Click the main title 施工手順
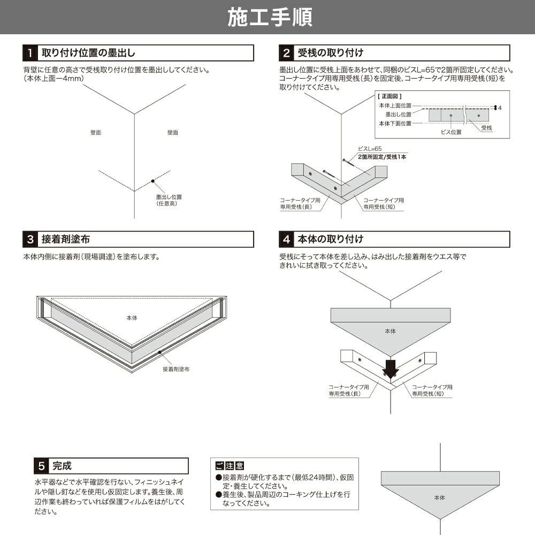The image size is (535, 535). (x=270, y=17)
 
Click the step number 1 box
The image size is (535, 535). (x=30, y=53)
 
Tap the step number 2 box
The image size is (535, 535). (x=286, y=53)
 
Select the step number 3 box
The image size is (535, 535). (x=30, y=239)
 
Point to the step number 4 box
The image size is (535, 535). (x=286, y=239)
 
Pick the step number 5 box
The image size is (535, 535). (x=41, y=466)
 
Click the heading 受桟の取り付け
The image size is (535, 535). (x=330, y=53)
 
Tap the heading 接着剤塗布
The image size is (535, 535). (x=66, y=239)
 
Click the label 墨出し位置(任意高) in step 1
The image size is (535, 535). (x=169, y=200)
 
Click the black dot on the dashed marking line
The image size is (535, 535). (x=153, y=181)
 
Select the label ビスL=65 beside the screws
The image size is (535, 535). (x=370, y=149)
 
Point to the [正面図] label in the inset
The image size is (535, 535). (x=389, y=96)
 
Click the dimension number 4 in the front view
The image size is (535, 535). (x=500, y=108)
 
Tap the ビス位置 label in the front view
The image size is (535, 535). (x=451, y=132)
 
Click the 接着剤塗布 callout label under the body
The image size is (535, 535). (x=176, y=369)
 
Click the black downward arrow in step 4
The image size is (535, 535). (x=391, y=368)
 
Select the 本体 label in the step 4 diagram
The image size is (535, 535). (x=391, y=331)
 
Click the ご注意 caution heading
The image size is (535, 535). (x=230, y=466)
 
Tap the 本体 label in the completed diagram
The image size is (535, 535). (x=439, y=498)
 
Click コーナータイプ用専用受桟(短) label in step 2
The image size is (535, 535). (x=383, y=204)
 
